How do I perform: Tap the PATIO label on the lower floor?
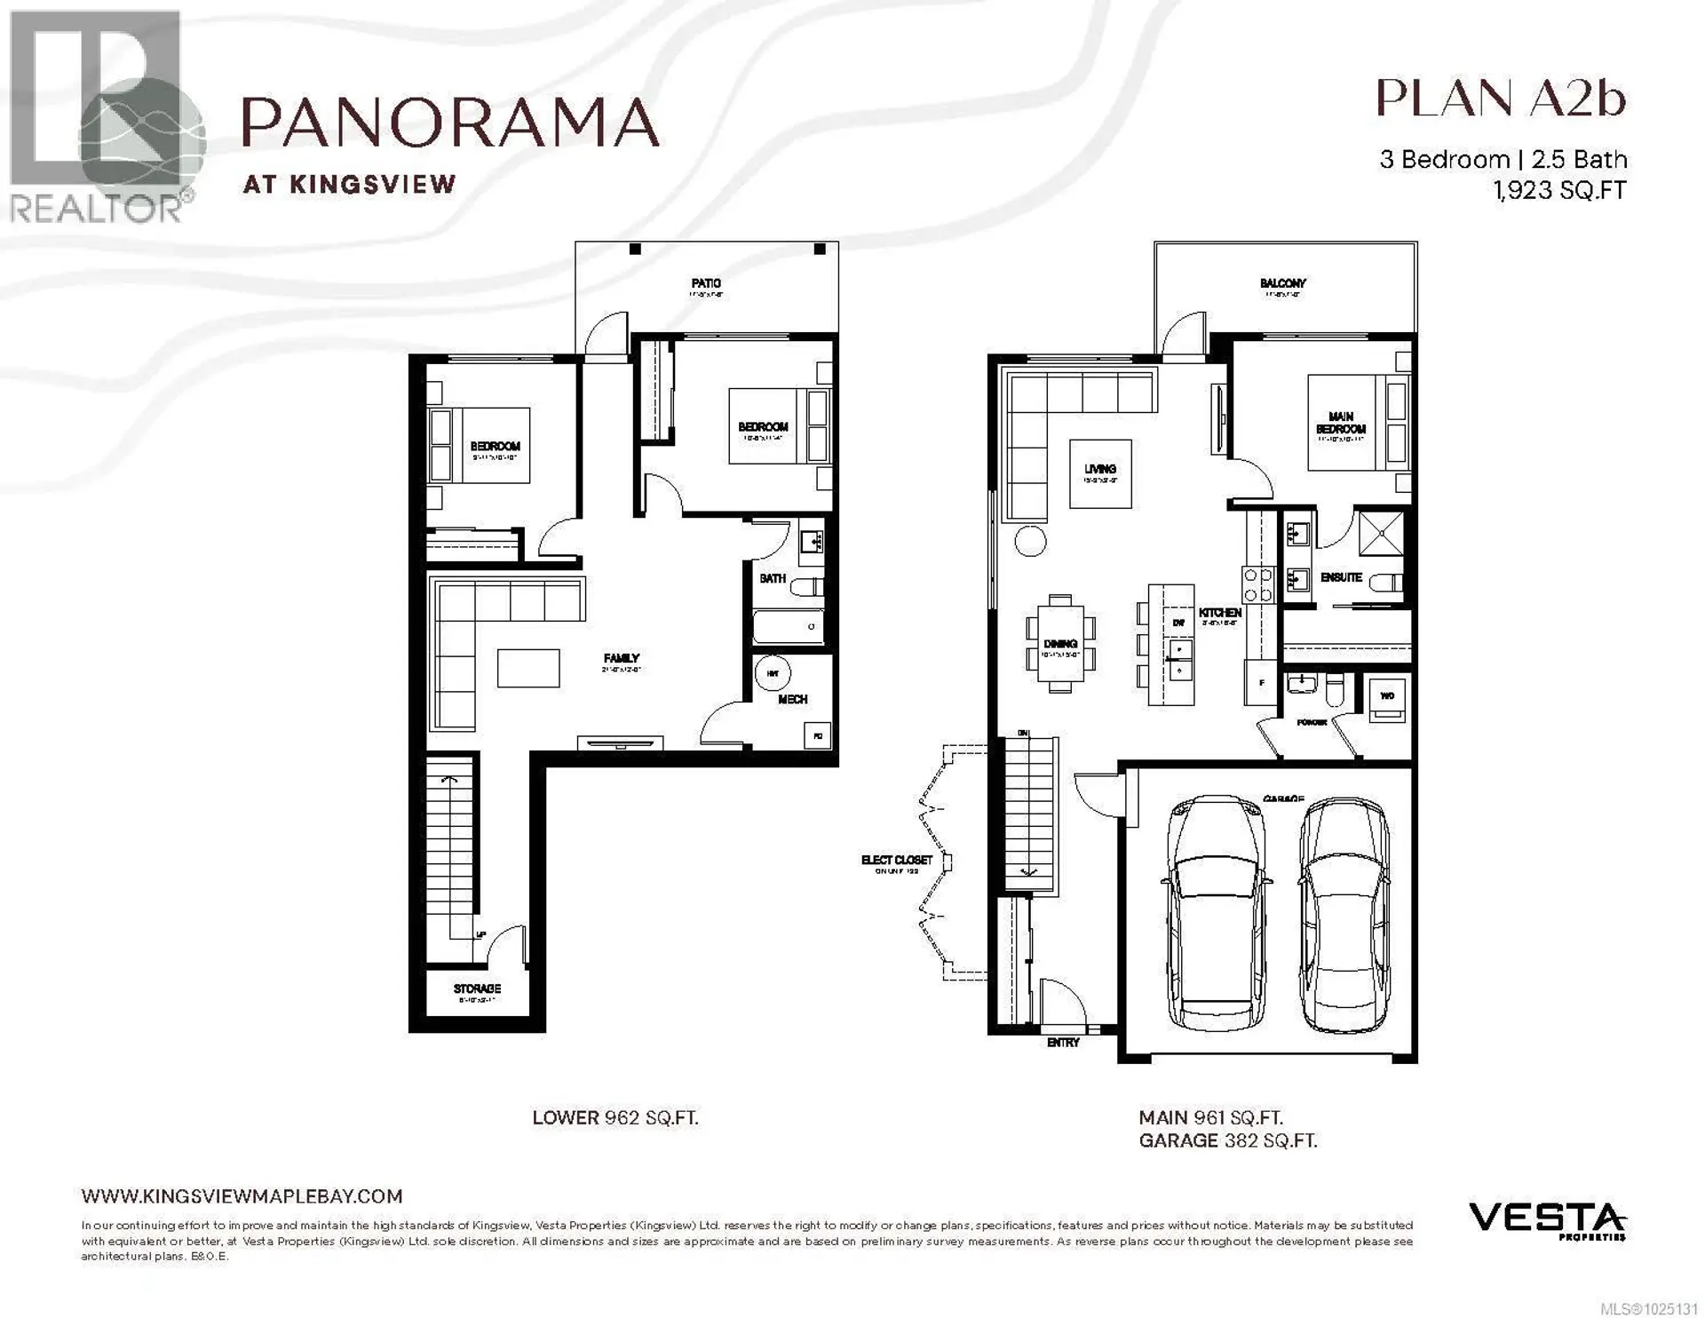pyautogui.click(x=706, y=283)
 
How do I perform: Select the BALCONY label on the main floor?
pyautogui.click(x=1282, y=283)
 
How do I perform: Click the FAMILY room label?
pyautogui.click(x=622, y=659)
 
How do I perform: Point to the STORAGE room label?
pyautogui.click(x=477, y=988)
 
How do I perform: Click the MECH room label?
pyautogui.click(x=792, y=700)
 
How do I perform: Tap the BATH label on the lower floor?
pyautogui.click(x=772, y=578)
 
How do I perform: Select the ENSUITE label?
pyautogui.click(x=1341, y=577)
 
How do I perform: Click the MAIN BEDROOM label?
pyautogui.click(x=1341, y=423)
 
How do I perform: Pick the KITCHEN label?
pyautogui.click(x=1220, y=613)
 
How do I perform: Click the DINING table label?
pyautogui.click(x=1060, y=644)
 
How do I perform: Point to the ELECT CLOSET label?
pyautogui.click(x=897, y=860)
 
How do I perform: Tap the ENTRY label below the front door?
pyautogui.click(x=1063, y=1043)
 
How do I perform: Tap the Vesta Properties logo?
pyautogui.click(x=1546, y=1219)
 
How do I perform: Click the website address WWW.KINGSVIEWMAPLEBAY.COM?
pyautogui.click(x=242, y=1196)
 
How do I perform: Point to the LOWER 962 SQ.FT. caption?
pyautogui.click(x=615, y=1118)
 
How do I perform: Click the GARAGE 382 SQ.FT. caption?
pyautogui.click(x=1227, y=1141)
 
